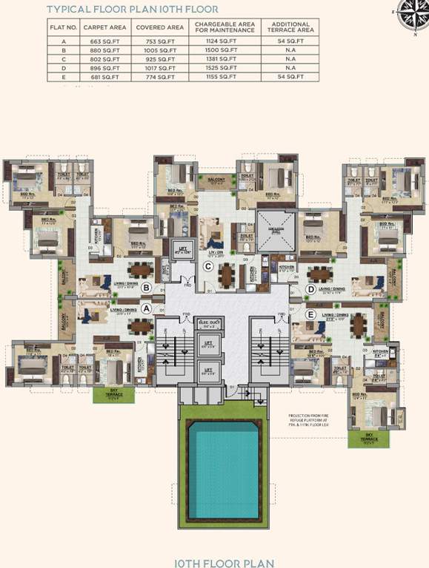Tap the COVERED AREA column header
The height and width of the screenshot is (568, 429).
point(156,28)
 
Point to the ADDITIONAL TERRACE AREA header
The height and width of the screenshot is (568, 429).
point(290,28)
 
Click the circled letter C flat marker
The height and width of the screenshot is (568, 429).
point(209,266)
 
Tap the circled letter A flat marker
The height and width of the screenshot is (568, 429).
point(146,308)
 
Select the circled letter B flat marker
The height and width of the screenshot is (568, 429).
point(147,287)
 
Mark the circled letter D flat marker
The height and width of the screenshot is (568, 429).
point(310,288)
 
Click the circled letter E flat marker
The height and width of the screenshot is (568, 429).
point(311,314)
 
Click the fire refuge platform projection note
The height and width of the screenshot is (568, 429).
point(314,430)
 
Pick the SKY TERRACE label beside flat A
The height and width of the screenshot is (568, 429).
point(113,395)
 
